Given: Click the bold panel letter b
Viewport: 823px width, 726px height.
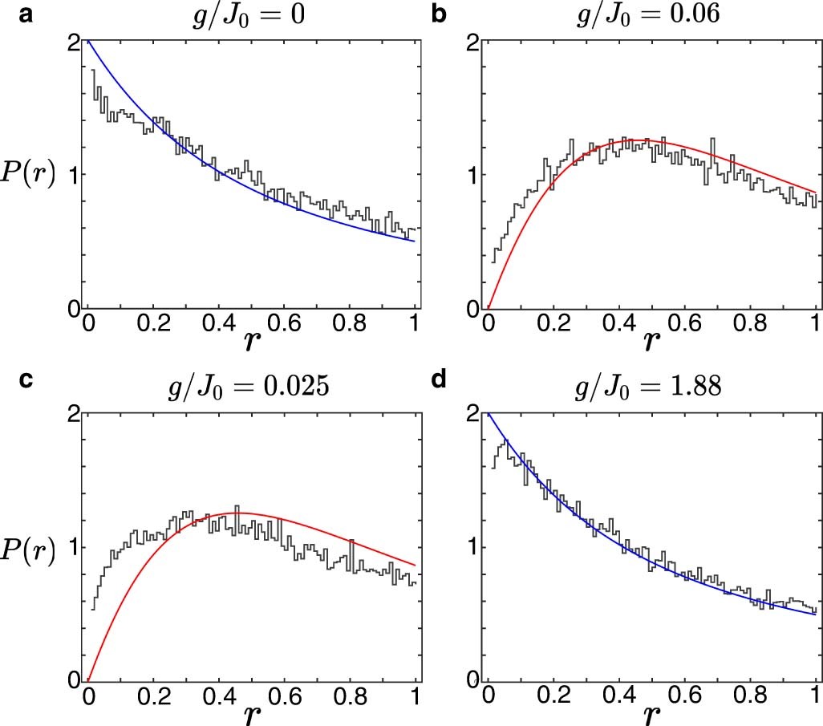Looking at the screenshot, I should click(x=439, y=14).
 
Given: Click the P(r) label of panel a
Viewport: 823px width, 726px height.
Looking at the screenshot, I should click(x=29, y=175).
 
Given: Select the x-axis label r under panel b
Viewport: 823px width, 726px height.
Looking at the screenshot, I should click(x=651, y=341).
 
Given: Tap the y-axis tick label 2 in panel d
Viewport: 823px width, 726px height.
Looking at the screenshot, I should click(x=473, y=415).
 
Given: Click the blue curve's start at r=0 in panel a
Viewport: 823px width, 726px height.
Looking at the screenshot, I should click(x=87, y=41).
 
